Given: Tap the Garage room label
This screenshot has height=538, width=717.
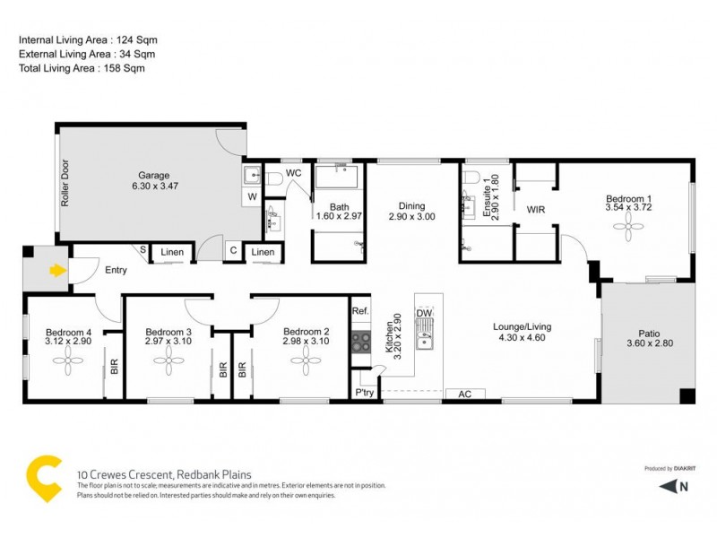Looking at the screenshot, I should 154,175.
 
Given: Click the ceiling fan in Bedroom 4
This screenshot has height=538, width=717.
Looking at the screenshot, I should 68,362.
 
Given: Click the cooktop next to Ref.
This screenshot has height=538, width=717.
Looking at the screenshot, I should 360,341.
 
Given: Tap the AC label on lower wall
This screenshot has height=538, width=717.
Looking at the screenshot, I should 465,394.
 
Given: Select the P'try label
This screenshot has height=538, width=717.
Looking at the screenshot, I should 363,394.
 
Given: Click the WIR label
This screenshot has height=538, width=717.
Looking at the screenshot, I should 536,210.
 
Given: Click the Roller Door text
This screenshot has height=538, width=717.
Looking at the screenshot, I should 65,184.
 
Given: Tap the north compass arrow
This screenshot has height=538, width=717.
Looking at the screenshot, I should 668,487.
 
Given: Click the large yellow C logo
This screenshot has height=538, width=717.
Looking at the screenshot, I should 45,479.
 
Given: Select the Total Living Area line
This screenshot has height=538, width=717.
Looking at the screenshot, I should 82,68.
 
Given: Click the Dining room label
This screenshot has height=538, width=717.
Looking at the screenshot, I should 411,205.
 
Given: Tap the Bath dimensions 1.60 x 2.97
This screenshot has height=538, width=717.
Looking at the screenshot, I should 339,216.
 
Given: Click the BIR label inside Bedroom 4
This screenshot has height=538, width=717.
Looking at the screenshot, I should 113,367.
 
